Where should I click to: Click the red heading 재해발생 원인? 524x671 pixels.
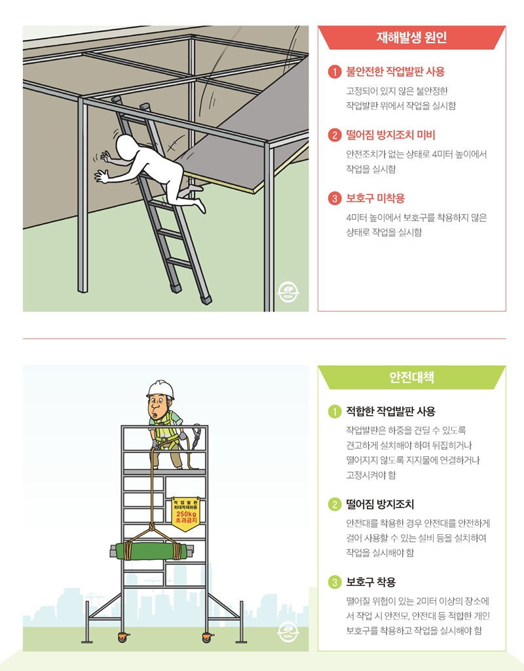(411, 37)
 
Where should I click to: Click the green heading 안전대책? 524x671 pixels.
(411, 378)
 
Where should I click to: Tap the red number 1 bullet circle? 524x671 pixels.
(335, 72)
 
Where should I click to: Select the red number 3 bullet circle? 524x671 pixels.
(335, 198)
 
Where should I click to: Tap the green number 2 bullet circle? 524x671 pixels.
(335, 505)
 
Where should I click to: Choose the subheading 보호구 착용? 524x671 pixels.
(371, 581)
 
